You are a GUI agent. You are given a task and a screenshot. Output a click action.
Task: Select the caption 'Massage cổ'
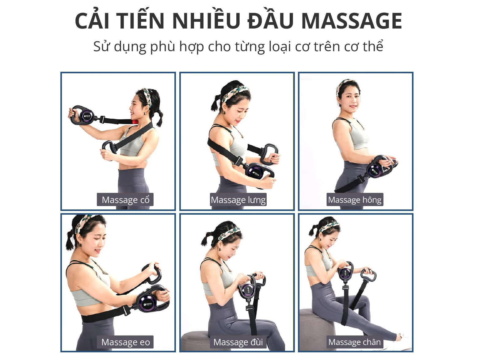[125, 200]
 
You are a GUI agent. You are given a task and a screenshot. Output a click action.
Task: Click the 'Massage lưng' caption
[238, 200]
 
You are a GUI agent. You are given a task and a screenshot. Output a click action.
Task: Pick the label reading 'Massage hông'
[355, 200]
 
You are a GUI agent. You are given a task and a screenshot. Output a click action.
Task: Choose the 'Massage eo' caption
[125, 342]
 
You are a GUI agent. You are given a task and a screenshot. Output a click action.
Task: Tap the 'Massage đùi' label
[238, 342]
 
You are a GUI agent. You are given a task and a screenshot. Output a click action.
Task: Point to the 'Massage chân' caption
[355, 342]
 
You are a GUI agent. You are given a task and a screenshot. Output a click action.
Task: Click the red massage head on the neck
[134, 122]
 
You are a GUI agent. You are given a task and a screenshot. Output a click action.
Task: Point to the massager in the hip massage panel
[376, 170]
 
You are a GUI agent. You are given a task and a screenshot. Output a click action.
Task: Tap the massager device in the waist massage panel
[148, 302]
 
